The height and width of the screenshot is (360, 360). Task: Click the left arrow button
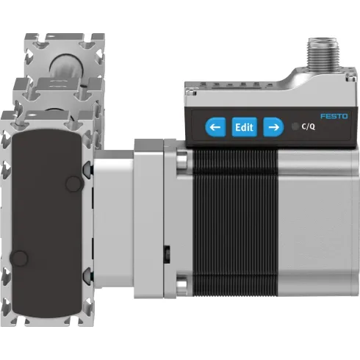click(x=215, y=127)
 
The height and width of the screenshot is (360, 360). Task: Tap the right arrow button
click(x=273, y=127)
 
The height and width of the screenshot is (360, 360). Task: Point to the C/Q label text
click(x=309, y=127)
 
